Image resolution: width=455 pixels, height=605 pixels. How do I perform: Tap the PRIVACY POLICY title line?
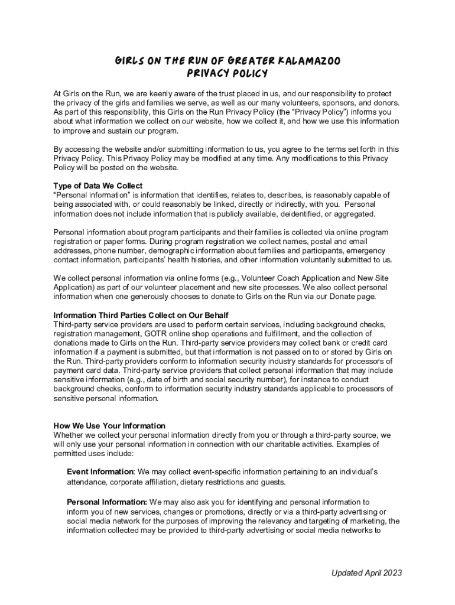point(227,74)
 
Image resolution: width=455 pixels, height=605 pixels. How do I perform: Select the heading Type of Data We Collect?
point(97,186)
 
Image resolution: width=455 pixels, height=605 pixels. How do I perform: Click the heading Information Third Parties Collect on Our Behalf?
point(141,315)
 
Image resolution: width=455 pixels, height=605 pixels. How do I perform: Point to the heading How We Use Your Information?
point(109,425)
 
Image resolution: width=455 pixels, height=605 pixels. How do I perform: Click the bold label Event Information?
point(100,472)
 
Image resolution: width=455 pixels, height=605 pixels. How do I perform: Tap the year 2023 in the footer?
point(391,573)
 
